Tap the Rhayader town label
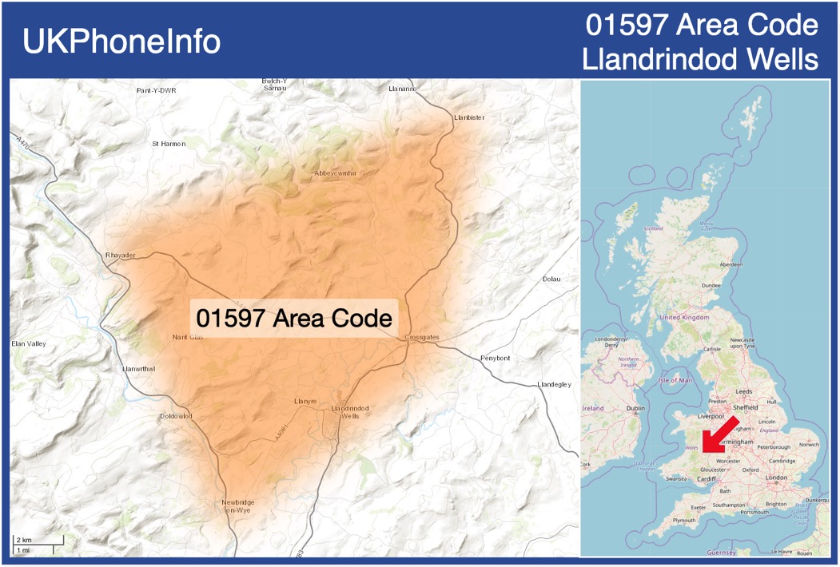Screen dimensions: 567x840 [x=121, y=255]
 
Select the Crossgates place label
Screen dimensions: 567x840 [x=422, y=338]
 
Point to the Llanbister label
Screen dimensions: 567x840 [x=469, y=117]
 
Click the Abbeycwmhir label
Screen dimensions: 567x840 [x=336, y=173]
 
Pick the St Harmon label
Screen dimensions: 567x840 [x=169, y=144]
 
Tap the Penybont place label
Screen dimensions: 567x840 [x=495, y=358]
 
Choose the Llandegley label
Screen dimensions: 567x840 [x=555, y=384]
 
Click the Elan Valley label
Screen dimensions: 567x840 [x=29, y=343]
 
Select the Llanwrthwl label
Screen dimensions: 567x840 [x=138, y=369]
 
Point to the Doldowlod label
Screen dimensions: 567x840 [x=176, y=416]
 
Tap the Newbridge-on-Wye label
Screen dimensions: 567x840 [x=237, y=506]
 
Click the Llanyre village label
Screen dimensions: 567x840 [x=305, y=401]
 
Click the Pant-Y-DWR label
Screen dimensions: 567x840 [x=156, y=90]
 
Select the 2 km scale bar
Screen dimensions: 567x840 [x=37, y=542]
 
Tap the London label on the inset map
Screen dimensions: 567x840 [x=776, y=478]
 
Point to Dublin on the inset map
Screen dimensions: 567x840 [x=635, y=408]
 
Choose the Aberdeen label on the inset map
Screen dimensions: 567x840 [x=731, y=264]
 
